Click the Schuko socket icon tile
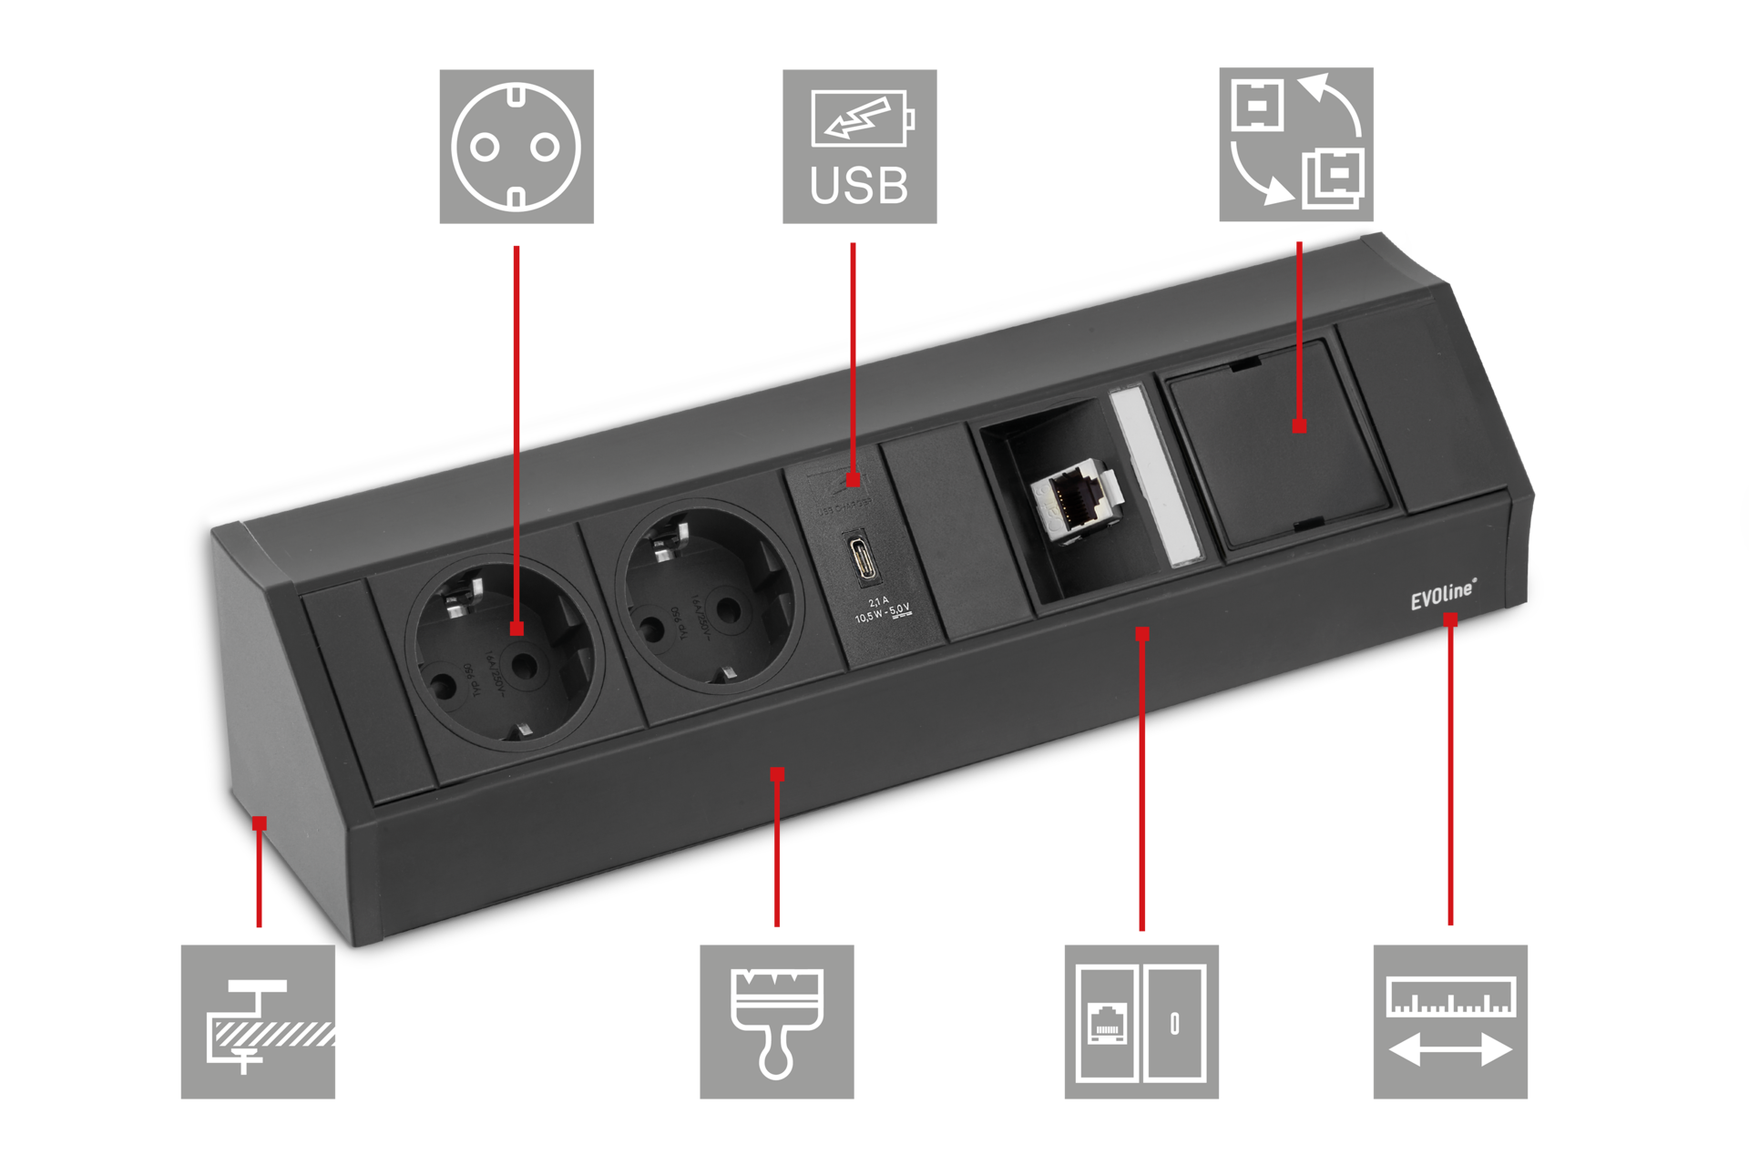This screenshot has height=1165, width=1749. pyautogui.click(x=517, y=146)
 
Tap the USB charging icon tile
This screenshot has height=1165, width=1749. pyautogui.click(x=859, y=146)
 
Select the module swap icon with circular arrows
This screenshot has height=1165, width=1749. pyautogui.click(x=1296, y=144)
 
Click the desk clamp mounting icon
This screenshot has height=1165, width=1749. pyautogui.click(x=258, y=1021)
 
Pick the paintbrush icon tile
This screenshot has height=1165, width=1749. pyautogui.click(x=776, y=1021)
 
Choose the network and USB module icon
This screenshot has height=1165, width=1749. pyautogui.click(x=1141, y=1021)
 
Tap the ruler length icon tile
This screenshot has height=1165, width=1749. pyautogui.click(x=1450, y=1021)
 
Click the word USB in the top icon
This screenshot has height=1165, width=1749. pyautogui.click(x=859, y=185)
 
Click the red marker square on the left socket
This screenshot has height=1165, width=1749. pyautogui.click(x=517, y=628)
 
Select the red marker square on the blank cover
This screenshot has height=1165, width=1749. pyautogui.click(x=1300, y=425)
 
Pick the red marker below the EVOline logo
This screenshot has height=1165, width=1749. pyautogui.click(x=1450, y=620)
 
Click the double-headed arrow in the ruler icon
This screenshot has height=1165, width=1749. pyautogui.click(x=1450, y=1050)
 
